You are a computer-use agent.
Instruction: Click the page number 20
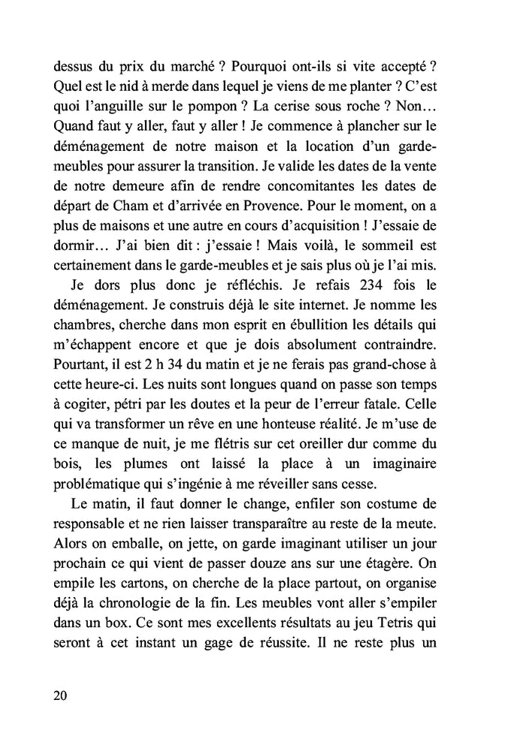coord(61,695)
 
